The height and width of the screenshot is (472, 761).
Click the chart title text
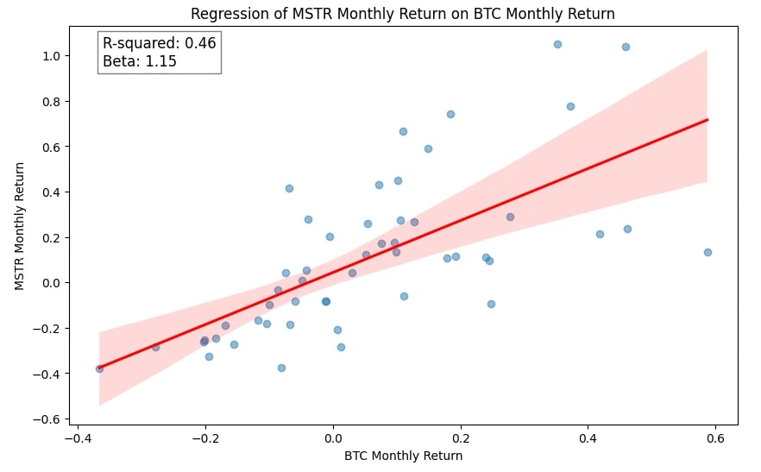pos(403,14)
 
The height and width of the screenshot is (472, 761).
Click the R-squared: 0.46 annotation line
pos(160,43)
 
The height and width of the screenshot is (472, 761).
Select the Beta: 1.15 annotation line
pos(140,61)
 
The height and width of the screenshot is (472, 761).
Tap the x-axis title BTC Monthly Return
pos(403,456)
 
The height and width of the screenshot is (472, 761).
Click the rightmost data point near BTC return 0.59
pos(708,252)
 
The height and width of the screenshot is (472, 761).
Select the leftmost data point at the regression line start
pos(99,368)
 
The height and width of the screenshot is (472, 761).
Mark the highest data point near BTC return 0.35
pos(557,44)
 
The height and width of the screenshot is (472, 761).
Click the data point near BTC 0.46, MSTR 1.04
pos(626,47)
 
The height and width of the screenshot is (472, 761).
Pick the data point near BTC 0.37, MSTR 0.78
pos(570,106)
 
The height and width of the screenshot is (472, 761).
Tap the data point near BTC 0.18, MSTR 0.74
pos(450,114)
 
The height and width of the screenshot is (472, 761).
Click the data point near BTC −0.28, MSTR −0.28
pos(155,347)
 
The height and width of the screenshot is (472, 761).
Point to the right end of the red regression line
pos(707,120)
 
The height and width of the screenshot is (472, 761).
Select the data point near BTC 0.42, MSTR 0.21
pos(600,234)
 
